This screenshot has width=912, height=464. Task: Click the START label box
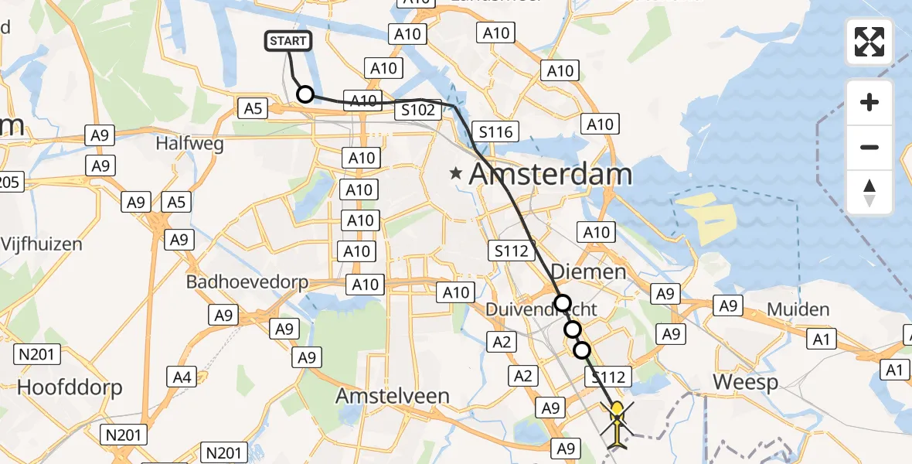point(289,41)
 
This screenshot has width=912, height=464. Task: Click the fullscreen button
point(869,42)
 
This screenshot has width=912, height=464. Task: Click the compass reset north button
point(869,193)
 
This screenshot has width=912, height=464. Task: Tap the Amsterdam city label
point(550,174)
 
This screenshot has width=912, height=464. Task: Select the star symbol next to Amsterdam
point(457,175)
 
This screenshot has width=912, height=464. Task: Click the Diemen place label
point(589,272)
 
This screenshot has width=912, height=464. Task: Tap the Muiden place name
point(798,309)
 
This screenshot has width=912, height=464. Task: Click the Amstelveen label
point(392,396)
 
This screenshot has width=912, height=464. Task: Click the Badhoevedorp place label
point(247,281)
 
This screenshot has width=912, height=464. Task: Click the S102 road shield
point(418,110)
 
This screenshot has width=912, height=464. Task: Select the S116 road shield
point(495,132)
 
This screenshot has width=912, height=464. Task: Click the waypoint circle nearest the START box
point(305,94)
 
